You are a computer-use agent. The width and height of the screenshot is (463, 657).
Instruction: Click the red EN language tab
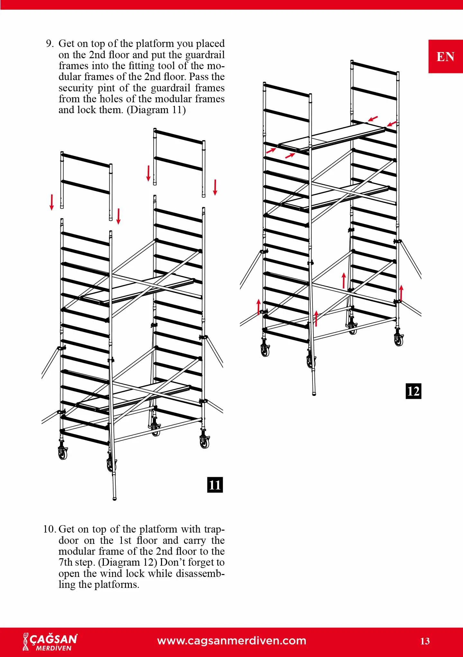tap(445, 57)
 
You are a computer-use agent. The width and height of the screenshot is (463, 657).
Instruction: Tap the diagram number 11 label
tap(215, 485)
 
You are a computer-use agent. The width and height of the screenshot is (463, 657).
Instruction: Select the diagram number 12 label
tap(413, 391)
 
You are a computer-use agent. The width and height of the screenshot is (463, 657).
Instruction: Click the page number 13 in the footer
tap(425, 641)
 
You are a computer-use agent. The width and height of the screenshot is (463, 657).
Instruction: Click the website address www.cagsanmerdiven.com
tap(232, 640)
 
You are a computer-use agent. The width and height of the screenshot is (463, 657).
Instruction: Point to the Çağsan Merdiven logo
tap(50, 641)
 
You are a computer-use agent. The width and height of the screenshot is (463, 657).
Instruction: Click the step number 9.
tap(50, 43)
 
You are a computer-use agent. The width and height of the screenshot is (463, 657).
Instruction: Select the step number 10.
tap(50, 529)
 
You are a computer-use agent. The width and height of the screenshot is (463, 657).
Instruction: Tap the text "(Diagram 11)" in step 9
tap(156, 110)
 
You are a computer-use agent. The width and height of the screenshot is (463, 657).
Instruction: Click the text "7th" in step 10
tap(66, 562)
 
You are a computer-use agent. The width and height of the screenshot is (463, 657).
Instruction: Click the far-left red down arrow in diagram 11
tap(51, 202)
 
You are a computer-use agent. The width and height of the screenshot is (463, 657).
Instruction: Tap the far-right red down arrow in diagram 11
tap(215, 187)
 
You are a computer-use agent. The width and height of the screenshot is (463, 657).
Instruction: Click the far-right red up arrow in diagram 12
tap(401, 292)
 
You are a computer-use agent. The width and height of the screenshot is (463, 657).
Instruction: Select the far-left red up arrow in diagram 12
tap(258, 306)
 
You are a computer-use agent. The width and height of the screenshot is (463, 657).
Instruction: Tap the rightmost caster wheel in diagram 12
tap(399, 339)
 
